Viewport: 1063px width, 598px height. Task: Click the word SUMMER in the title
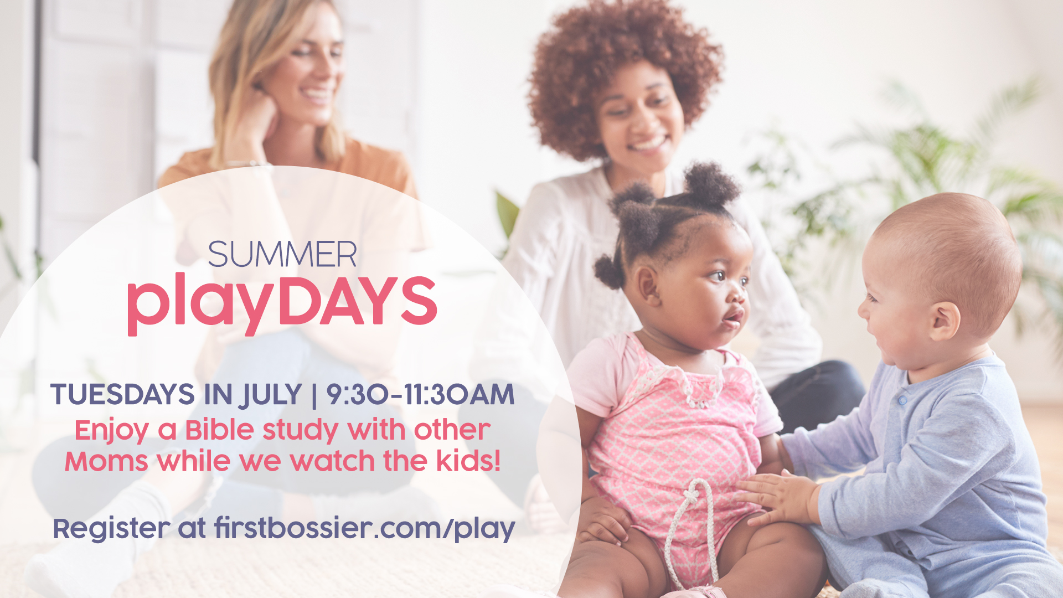282,255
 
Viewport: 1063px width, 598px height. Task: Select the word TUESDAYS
122,395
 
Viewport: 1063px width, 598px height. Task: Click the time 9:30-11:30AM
420,395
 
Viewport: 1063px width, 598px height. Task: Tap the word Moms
106,461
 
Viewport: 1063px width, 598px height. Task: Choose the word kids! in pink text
468,461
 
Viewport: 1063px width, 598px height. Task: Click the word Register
111,529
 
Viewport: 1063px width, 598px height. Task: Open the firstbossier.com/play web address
365,529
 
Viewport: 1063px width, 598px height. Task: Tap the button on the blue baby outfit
903,400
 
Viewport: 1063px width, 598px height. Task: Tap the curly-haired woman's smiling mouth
647,145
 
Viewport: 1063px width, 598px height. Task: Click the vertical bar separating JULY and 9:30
314,395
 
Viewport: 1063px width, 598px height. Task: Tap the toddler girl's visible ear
648,285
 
